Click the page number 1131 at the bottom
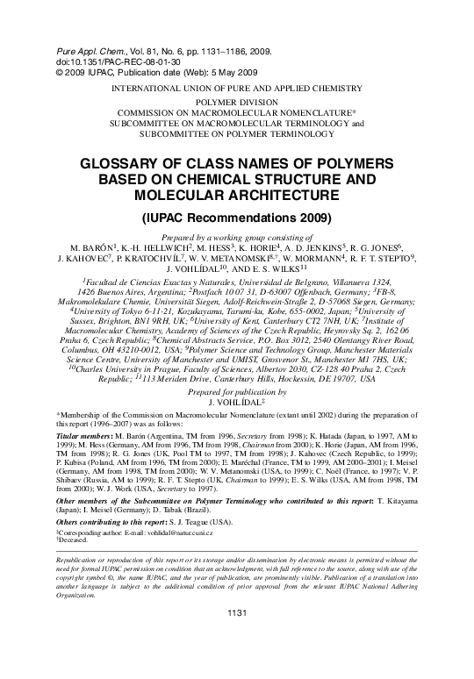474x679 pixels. click(x=237, y=661)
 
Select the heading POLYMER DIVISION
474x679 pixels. click(x=237, y=103)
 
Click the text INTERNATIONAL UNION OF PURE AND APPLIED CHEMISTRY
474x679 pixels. click(x=237, y=89)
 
